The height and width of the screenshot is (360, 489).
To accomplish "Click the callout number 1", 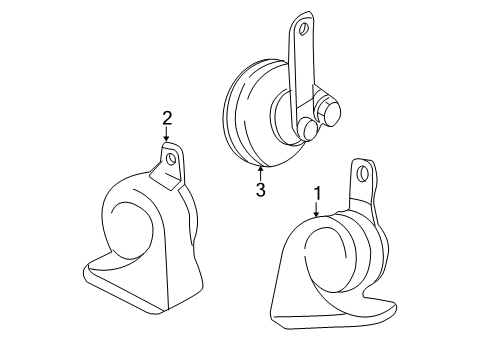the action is pos(317,193).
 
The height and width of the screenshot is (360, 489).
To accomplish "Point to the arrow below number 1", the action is pos(316,210).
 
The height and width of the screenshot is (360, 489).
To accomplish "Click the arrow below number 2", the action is pos(168,136).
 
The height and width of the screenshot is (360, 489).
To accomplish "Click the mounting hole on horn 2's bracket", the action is pos(172,157).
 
